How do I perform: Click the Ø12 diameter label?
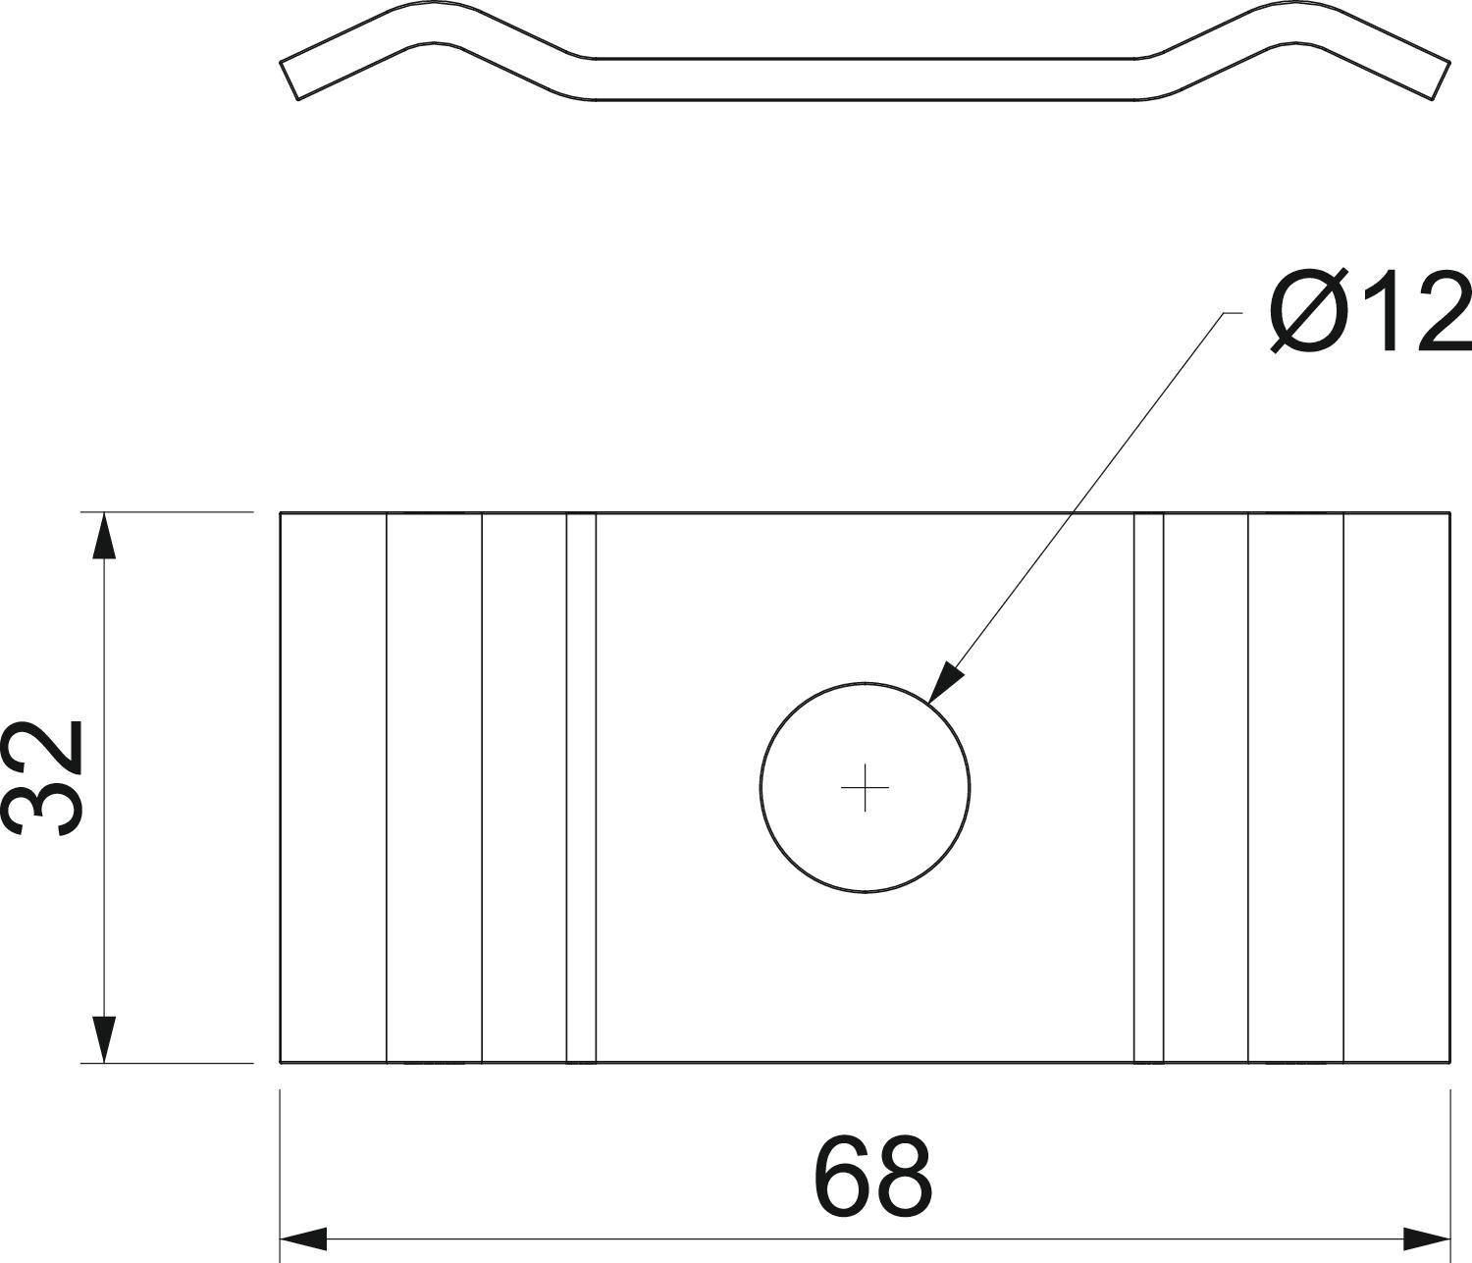coord(1370,311)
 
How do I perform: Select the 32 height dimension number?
coord(44,778)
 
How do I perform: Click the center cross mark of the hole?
coord(865,788)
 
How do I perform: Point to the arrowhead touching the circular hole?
coord(946,682)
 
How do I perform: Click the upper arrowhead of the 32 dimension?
coord(105,535)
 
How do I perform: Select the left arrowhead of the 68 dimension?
coord(303,1238)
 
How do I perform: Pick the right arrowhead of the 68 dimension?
coord(1427,1238)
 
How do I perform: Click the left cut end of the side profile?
coord(289,80)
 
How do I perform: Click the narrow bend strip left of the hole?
coord(581,788)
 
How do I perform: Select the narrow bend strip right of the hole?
coord(1148,788)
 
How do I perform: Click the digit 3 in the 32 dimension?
coord(44,809)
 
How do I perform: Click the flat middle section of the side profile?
coord(865,79)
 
